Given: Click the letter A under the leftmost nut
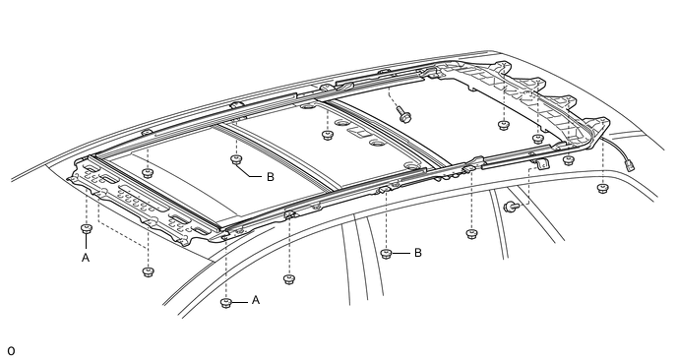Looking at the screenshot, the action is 86,258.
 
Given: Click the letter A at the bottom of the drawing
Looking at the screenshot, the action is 256,300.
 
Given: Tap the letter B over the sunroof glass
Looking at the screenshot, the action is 271,177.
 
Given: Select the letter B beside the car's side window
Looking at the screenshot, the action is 417,253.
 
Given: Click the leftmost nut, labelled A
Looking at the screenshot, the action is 87,228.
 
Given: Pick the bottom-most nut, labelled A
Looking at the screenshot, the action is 225,303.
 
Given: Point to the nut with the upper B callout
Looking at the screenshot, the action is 235,160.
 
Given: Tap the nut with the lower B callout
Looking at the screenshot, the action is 387,254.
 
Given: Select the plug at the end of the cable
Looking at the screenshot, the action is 630,164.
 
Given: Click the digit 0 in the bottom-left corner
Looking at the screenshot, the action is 11,351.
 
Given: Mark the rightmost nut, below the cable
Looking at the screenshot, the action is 602,188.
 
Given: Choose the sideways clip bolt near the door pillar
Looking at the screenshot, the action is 511,207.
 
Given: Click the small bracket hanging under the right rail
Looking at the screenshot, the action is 543,164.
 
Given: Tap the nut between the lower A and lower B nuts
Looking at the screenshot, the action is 289,279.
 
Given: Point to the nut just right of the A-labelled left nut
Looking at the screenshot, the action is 148,271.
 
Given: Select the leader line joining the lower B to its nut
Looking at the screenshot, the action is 401,253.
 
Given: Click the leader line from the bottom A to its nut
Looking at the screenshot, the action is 240,302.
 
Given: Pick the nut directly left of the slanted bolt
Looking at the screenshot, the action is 328,135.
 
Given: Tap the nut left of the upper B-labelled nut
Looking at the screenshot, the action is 148,173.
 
